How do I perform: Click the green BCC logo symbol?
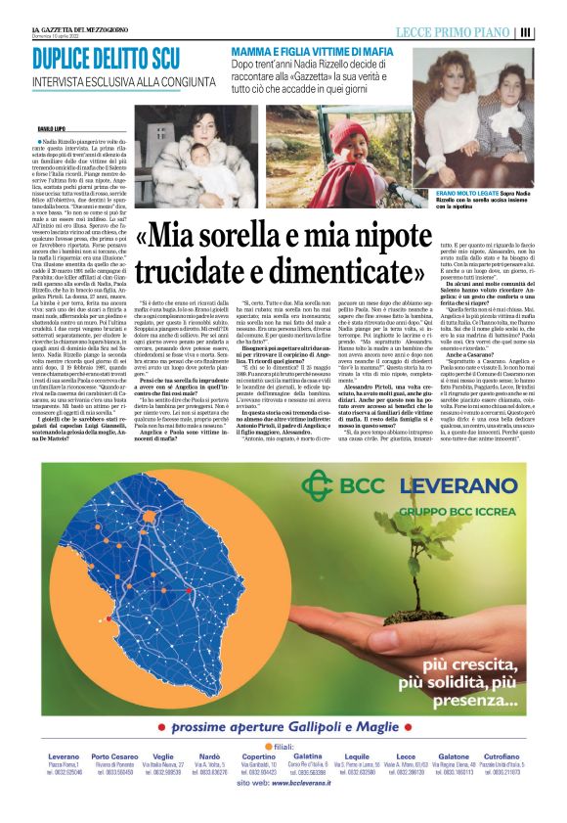pyautogui.click(x=319, y=486)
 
